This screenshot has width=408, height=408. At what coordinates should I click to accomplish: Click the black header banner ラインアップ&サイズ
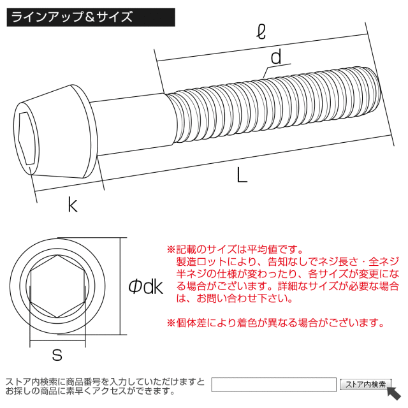click(91, 17)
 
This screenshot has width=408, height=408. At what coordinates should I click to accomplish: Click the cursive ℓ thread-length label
click(261, 32)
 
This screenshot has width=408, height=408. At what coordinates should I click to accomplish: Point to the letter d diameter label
click(276, 57)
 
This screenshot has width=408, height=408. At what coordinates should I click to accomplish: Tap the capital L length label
click(242, 175)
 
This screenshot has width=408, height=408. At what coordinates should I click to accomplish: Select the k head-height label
click(73, 205)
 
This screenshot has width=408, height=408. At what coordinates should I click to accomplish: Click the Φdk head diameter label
click(146, 286)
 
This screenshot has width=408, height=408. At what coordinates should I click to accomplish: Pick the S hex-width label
click(57, 354)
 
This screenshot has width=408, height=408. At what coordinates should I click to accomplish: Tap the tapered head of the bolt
click(55, 132)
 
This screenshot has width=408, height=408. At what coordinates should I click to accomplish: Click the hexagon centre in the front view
click(58, 286)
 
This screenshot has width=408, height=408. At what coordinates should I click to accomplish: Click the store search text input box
click(273, 384)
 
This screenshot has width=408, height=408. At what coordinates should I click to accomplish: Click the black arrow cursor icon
click(394, 393)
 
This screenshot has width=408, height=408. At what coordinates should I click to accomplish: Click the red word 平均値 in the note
click(262, 249)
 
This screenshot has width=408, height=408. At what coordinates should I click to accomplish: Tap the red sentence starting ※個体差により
click(275, 323)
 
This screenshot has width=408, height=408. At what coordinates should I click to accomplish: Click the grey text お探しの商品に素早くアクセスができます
click(90, 391)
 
